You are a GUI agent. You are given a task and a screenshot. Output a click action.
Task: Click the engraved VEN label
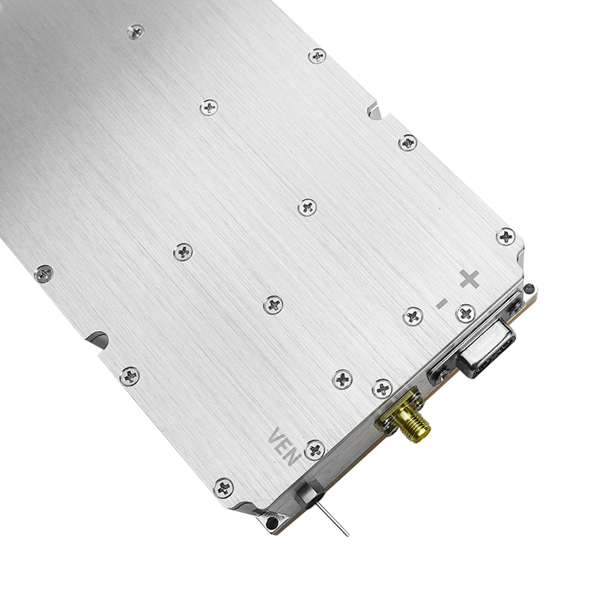click(284, 446)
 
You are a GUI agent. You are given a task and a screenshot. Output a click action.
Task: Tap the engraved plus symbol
click(469, 279)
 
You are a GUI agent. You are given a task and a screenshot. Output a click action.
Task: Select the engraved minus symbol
click(442, 303)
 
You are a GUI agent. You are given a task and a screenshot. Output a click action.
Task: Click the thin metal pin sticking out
click(332, 518)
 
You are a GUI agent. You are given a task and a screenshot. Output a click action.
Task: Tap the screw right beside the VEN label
click(315, 450)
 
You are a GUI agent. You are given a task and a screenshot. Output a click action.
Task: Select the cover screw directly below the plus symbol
click(466, 314)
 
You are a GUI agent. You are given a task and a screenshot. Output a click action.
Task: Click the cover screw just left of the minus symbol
click(413, 316)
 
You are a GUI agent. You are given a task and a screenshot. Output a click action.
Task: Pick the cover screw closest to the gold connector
click(383, 389)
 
